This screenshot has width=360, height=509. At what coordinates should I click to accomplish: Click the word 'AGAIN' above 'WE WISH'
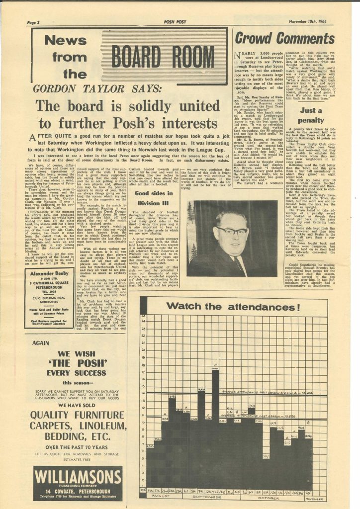click(42, 343)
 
